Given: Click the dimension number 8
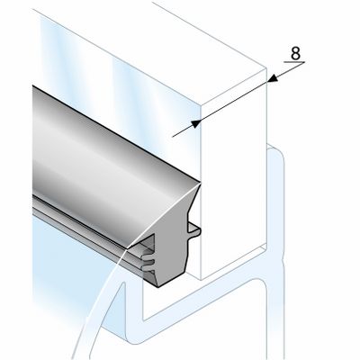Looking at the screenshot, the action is pos(295,54).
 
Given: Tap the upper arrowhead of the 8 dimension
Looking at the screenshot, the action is pos(273,78).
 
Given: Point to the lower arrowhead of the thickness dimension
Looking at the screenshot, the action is pos(196,123).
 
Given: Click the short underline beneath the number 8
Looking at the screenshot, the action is pos(294,62).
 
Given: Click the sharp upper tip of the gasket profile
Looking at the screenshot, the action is pos(200,183).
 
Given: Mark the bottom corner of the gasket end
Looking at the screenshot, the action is pos(158,286).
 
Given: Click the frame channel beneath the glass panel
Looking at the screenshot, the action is pos(207,300).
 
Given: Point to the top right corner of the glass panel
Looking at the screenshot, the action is pos(266,68).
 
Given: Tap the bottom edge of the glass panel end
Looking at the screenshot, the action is pos(233,265).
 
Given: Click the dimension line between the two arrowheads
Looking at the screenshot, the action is pos(234,101).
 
